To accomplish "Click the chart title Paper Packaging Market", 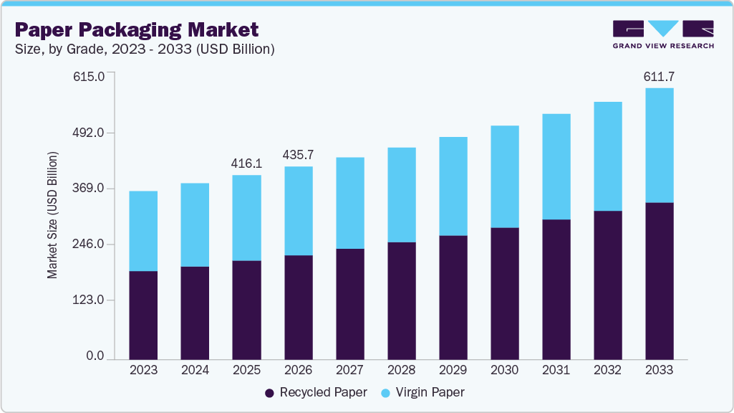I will [x=136, y=29].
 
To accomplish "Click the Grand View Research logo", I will [x=663, y=34].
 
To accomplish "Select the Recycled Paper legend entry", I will [x=316, y=392].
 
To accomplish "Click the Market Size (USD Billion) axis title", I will [x=52, y=215].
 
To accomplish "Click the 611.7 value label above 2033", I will [x=659, y=76].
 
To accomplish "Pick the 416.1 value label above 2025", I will [x=246, y=163].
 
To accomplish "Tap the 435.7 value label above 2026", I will [x=298, y=155].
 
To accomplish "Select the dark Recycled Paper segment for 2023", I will [x=143, y=315].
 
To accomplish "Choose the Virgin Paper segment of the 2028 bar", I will [x=401, y=194].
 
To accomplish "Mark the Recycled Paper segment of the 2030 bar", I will [x=504, y=293].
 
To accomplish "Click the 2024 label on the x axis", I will [x=195, y=370].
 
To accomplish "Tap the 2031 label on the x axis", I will [x=556, y=370].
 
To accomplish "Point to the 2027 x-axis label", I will [x=349, y=370].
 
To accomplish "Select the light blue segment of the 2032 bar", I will [x=607, y=156].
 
